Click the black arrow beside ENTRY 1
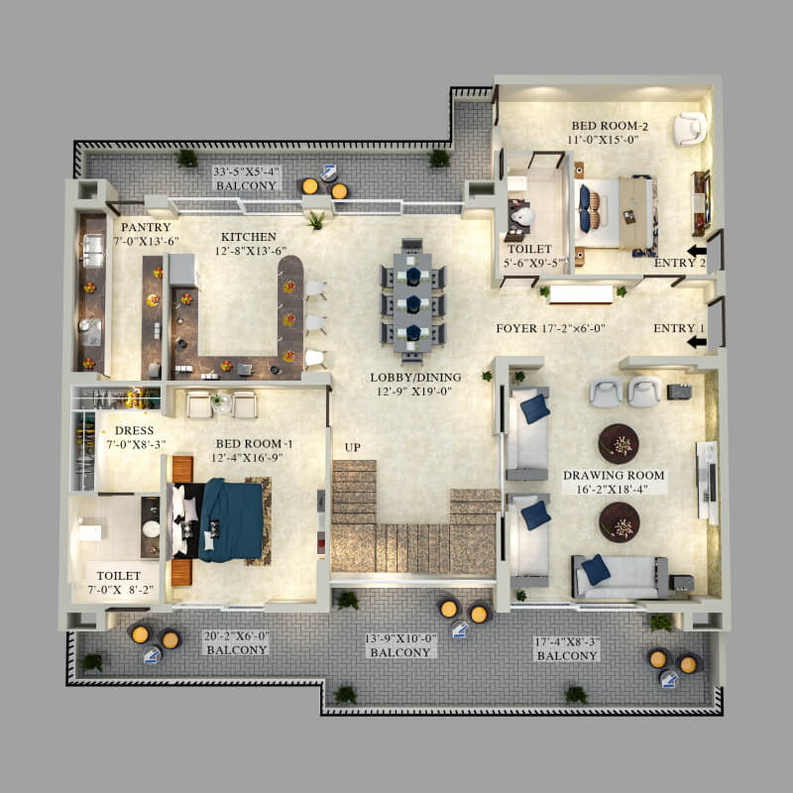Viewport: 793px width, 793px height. click(697, 342)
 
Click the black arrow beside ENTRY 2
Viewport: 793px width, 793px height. click(697, 251)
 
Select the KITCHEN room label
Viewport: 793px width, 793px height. click(249, 237)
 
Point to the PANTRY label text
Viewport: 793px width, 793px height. click(146, 227)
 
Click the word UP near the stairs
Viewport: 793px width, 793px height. click(353, 447)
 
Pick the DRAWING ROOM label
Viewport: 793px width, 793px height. click(614, 476)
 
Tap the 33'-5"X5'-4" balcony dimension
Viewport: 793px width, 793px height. click(246, 171)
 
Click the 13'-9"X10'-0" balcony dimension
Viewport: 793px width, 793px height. click(400, 638)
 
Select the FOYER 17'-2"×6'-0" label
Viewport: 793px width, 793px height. click(550, 328)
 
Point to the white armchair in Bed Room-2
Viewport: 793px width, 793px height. click(690, 129)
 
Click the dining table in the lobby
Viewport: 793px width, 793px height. click(412, 302)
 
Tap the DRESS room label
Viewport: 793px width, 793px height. click(134, 430)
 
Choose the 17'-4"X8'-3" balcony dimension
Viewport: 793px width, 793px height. click(567, 641)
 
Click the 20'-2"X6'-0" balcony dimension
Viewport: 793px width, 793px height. click(236, 635)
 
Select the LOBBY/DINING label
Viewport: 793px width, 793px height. click(415, 378)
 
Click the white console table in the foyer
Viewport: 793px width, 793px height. click(581, 294)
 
